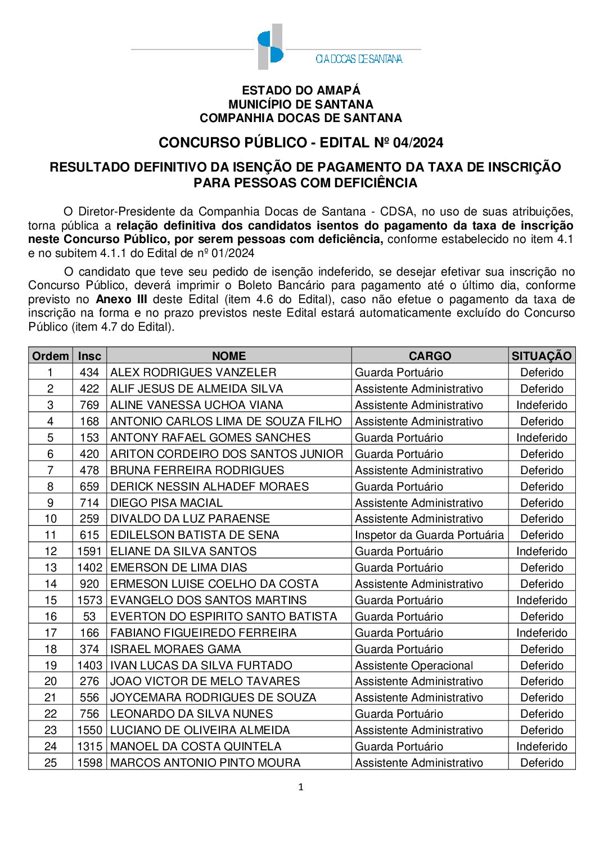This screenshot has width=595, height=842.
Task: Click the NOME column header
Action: (229, 356)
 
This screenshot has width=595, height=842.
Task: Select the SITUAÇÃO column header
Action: (541, 356)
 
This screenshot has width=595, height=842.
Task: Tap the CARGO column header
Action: (430, 356)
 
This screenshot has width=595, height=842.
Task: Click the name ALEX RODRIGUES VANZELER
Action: (193, 372)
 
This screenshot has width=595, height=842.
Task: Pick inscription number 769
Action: (89, 405)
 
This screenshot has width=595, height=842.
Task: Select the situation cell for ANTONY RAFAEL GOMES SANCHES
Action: (542, 438)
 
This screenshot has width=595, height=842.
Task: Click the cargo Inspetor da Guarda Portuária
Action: (429, 535)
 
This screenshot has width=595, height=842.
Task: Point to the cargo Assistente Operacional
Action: (414, 665)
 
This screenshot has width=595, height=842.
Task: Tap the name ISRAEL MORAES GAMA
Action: (175, 649)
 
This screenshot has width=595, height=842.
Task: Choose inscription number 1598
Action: (89, 763)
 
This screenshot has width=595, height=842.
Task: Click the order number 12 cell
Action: (51, 551)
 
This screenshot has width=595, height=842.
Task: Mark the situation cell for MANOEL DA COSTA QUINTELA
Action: (542, 746)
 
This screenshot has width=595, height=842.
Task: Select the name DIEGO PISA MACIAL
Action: (166, 503)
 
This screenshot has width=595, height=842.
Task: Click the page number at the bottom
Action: (301, 787)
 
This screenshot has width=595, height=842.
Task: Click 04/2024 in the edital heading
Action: (418, 143)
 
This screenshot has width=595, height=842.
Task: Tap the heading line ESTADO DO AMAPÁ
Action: (301, 91)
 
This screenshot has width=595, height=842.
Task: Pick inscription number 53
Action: (89, 616)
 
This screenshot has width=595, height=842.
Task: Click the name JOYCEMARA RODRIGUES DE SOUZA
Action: (213, 697)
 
